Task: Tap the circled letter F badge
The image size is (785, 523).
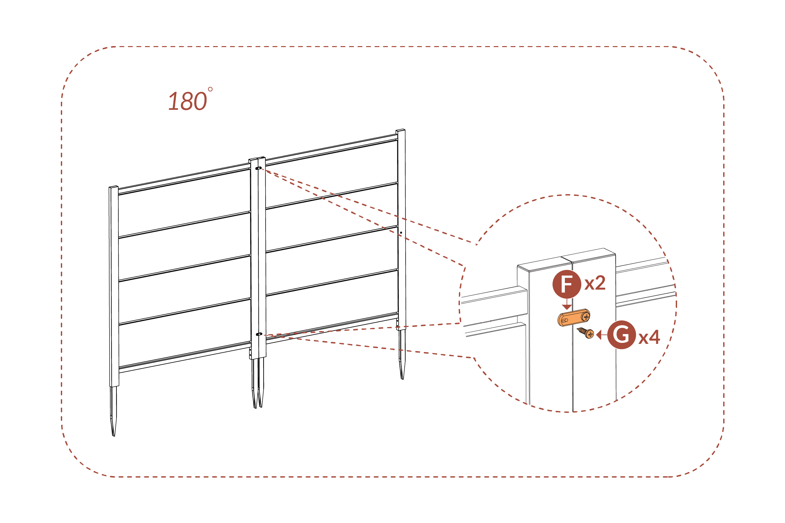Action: [567, 284]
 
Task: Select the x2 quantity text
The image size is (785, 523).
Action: [595, 283]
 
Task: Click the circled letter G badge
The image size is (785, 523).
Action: [621, 334]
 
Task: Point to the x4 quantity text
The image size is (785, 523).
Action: [649, 337]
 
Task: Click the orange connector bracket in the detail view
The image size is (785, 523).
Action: [573, 317]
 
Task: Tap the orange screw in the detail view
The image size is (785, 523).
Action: [586, 333]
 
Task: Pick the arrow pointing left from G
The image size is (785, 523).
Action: [601, 334]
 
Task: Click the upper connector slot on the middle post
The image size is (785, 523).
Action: [258, 168]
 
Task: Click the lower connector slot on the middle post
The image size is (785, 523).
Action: [258, 334]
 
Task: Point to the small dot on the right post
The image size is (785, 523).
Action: [401, 232]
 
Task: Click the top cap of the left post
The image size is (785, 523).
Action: [113, 187]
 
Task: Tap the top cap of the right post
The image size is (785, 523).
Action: [400, 130]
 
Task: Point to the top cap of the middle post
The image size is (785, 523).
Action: [257, 159]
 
